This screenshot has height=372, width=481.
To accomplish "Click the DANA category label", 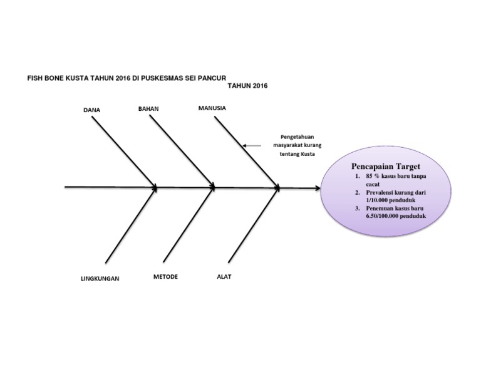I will [91, 110].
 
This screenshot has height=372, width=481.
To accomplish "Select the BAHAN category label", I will [148, 108].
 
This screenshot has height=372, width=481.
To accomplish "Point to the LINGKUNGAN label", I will [100, 278].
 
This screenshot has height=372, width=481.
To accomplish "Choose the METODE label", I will [165, 277].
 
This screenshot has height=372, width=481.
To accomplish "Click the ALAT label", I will [224, 277].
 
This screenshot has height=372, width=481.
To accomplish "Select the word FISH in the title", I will [33, 78].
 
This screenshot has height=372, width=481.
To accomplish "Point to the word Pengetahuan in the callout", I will [296, 138].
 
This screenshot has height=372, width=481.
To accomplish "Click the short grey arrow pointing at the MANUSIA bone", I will [252, 146].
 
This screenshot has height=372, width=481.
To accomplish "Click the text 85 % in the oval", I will [373, 177].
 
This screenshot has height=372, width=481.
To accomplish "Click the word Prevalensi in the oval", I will [381, 193].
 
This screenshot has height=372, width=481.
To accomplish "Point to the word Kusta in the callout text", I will [307, 154].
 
